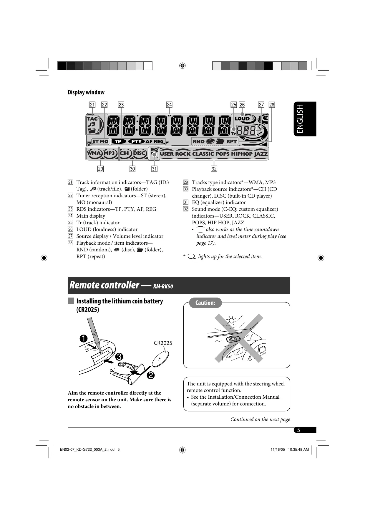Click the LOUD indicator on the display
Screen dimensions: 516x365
(242, 119)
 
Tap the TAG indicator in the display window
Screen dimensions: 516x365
(92, 119)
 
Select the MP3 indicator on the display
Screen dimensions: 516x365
(109, 153)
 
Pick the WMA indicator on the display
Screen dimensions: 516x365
(94, 153)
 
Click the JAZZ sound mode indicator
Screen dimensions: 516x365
(261, 154)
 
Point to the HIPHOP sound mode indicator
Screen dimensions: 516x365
(242, 154)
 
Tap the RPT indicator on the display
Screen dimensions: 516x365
(231, 141)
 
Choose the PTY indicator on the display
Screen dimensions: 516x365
(136, 141)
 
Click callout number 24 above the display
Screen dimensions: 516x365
(169, 105)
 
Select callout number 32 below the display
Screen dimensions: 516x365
(214, 169)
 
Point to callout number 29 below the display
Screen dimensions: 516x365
(101, 169)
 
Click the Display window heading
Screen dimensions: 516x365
(86, 92)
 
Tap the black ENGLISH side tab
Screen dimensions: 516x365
(305, 119)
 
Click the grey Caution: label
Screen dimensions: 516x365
(205, 303)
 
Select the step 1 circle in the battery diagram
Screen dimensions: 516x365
(83, 338)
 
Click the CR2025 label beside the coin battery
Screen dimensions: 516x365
(163, 343)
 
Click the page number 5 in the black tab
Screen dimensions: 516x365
(298, 430)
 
